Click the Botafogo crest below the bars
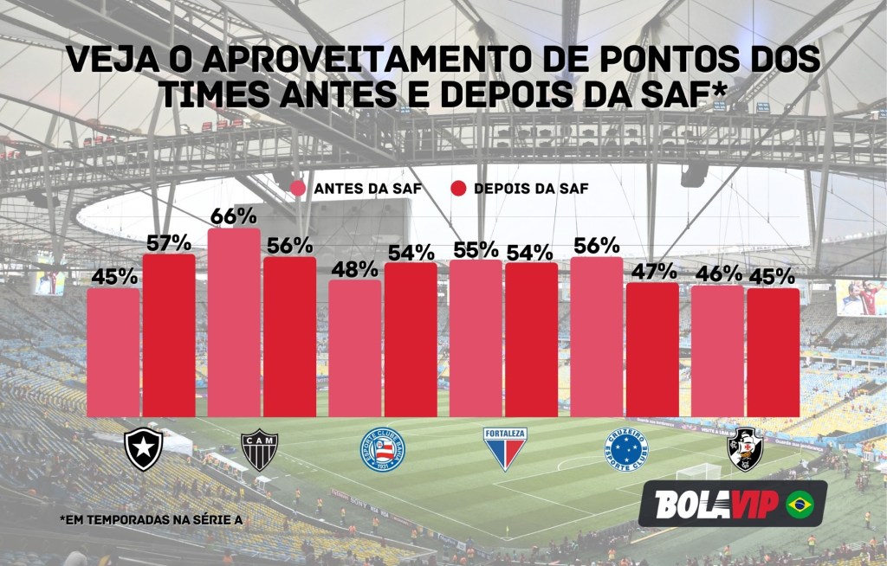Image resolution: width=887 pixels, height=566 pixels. click(143, 448)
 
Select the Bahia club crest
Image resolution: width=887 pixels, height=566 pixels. click(382, 450)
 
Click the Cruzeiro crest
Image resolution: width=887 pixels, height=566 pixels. click(625, 449)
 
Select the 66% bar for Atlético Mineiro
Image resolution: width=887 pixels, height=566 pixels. click(234, 325)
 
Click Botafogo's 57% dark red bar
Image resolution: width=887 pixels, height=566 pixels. click(169, 338)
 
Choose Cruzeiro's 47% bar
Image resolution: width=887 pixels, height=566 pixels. click(652, 350)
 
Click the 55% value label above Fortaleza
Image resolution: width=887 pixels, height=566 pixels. click(476, 250)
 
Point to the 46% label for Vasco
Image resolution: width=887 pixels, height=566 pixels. click(718, 274)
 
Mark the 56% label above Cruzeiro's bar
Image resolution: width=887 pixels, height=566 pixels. click(596, 246)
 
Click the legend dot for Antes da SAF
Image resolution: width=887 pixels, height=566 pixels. click(299, 189)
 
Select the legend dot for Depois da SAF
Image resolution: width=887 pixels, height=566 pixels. click(458, 189)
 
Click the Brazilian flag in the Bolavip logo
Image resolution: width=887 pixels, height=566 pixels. click(800, 505)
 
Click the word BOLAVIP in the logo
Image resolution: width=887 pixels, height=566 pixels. click(716, 505)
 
